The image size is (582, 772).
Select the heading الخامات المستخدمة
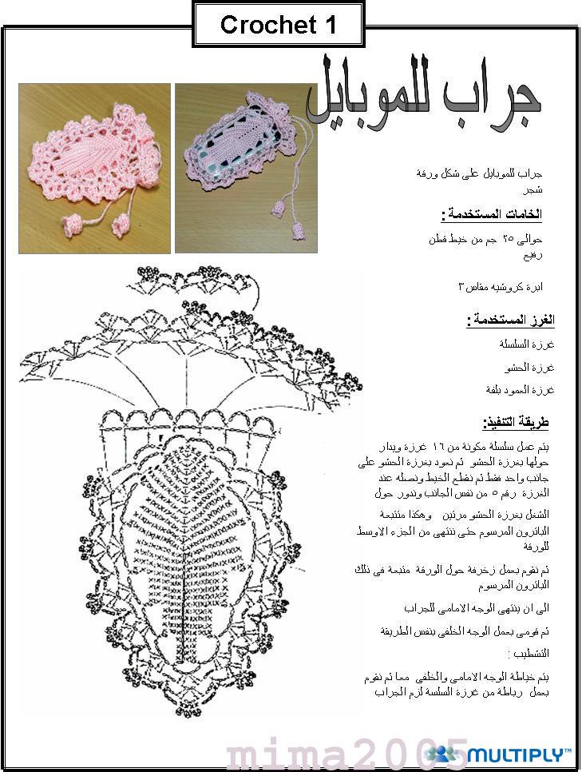pos(492,214)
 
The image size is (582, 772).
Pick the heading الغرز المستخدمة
pos(511,320)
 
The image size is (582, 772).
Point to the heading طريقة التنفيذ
pos(516,423)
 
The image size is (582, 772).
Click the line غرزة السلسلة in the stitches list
pos(527,344)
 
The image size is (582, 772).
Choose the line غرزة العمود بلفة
pos(520,390)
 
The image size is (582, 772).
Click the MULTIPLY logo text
pos(519,754)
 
